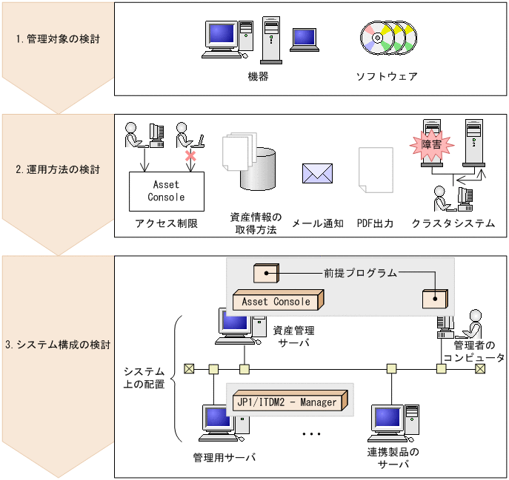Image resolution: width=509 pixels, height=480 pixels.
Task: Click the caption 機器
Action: tap(258, 76)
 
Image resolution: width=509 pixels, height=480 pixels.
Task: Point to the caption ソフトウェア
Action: tap(387, 76)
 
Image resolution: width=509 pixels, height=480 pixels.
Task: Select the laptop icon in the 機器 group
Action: tap(305, 39)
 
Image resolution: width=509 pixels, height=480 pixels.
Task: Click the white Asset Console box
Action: tap(166, 191)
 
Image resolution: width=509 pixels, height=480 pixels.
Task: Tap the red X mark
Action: tap(190, 156)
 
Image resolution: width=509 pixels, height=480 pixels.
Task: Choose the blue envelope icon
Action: tap(317, 173)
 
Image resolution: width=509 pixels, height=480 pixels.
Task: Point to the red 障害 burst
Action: tap(431, 145)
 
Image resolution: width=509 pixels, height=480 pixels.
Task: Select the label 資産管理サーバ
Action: tap(294, 337)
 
